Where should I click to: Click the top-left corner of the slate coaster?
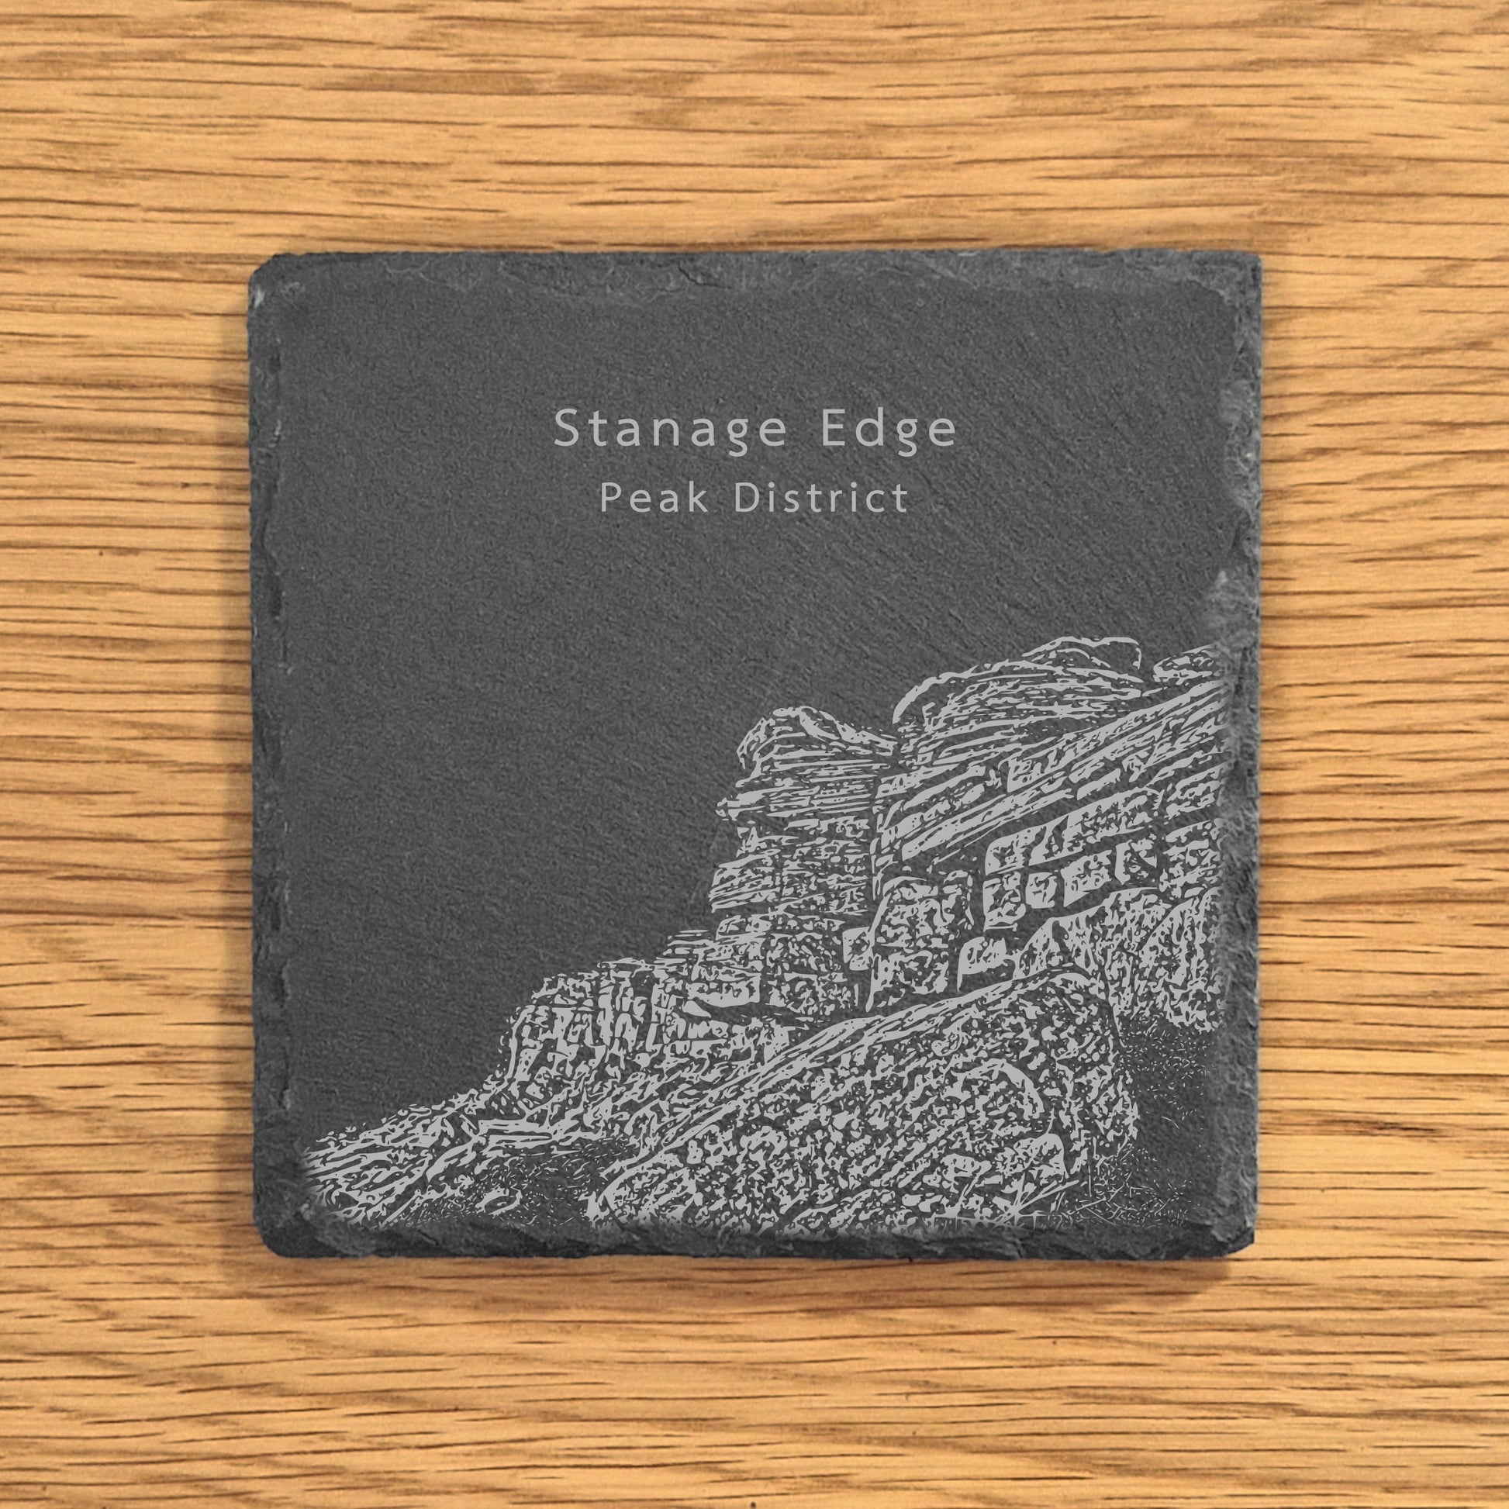point(254,265)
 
